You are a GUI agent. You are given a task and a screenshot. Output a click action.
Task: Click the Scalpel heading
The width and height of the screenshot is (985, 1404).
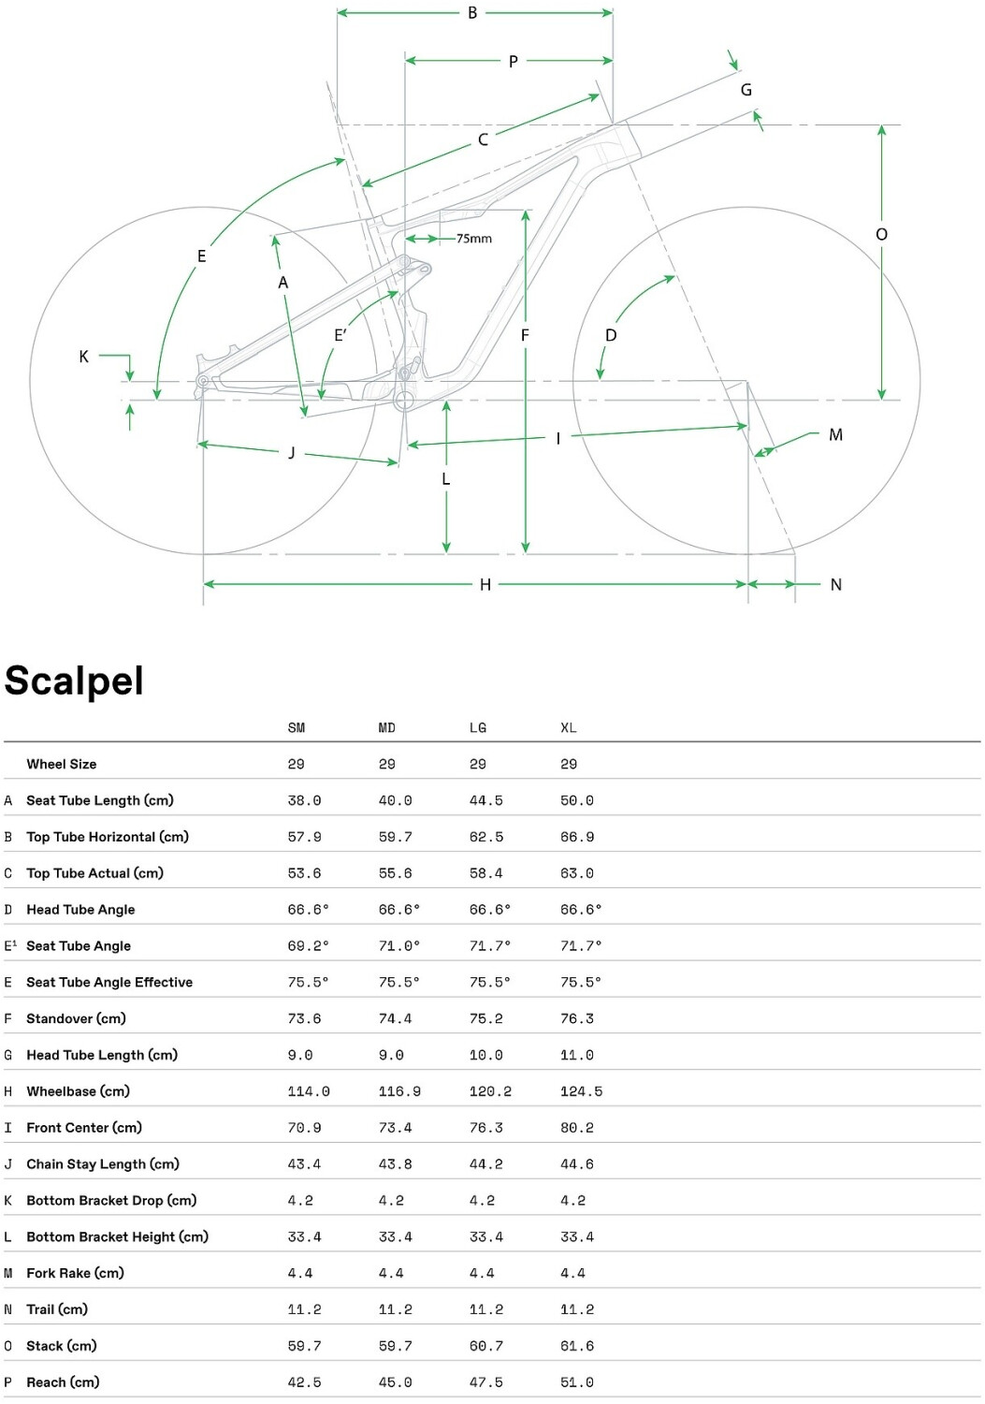click(x=74, y=680)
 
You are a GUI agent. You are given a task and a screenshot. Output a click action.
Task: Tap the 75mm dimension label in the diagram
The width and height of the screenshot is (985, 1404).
click(x=474, y=239)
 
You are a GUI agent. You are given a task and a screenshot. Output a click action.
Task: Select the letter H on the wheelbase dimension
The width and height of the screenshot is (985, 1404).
click(x=485, y=585)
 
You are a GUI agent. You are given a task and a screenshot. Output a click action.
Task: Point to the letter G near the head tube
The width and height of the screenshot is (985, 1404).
click(x=746, y=90)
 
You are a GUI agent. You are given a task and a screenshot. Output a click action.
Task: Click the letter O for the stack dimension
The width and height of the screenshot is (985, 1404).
click(x=881, y=235)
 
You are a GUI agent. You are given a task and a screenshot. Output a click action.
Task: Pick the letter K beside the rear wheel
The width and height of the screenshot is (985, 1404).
click(x=84, y=357)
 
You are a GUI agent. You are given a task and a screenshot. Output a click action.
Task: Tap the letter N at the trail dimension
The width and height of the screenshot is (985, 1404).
click(x=836, y=585)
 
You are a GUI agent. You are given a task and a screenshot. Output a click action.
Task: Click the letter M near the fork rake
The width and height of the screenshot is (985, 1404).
click(x=835, y=434)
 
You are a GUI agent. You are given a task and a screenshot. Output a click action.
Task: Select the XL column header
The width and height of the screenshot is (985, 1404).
click(x=569, y=728)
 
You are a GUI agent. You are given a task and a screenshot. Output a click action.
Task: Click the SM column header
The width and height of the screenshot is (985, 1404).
click(x=297, y=728)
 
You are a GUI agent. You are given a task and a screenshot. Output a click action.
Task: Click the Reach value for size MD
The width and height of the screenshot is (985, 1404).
click(x=395, y=1382)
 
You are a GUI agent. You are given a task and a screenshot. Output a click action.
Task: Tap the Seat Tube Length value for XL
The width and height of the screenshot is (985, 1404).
click(x=577, y=801)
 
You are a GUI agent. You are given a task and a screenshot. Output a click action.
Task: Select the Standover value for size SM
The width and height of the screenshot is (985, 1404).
click(x=304, y=1019)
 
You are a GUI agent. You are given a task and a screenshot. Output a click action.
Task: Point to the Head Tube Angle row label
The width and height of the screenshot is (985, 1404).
click(x=80, y=910)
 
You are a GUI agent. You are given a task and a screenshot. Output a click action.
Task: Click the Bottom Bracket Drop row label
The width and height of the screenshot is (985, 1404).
click(x=111, y=1201)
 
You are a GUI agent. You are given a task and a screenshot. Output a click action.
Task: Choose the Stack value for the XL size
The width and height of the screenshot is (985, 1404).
click(x=577, y=1346)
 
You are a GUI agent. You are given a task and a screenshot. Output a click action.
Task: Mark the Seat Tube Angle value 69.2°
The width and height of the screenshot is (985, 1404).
click(x=309, y=946)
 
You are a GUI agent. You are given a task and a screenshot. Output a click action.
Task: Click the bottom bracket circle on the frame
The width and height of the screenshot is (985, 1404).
click(x=404, y=401)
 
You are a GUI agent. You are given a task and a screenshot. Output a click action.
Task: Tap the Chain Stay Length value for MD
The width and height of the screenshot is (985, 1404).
click(x=395, y=1164)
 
